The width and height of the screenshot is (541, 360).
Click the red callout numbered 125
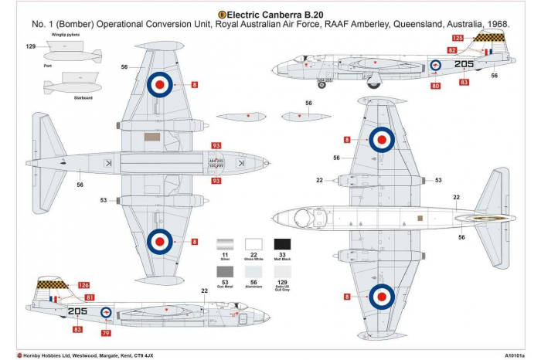click(x=458, y=38)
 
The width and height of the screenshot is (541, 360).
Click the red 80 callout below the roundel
click(x=436, y=86)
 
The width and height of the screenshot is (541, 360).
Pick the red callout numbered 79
click(x=106, y=333)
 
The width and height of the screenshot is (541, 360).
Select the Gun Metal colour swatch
click(x=225, y=271)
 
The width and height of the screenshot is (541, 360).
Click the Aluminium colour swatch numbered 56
click(x=253, y=271)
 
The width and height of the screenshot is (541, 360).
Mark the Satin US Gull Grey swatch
click(x=282, y=271)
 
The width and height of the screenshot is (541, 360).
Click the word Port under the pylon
click(x=48, y=66)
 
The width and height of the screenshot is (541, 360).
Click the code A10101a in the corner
click(x=517, y=355)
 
